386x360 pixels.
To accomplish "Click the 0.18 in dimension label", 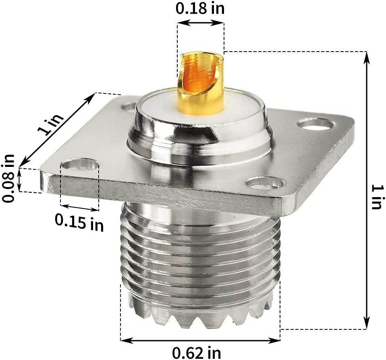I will click(200, 8).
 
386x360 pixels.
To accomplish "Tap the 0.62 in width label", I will click(197, 352).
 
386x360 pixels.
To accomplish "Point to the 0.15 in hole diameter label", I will click(79, 222).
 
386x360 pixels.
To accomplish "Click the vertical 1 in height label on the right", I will click(376, 196).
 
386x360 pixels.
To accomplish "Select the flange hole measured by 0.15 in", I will click(80, 164).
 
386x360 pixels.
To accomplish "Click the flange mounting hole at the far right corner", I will click(315, 123).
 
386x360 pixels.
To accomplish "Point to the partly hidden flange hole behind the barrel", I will click(129, 107).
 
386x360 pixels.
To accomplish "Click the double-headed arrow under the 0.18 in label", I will click(200, 23).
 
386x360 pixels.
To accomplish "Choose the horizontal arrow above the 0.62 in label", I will click(200, 340).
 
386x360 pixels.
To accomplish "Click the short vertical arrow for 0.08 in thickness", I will click(20, 180).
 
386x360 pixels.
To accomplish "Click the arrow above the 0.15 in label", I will click(79, 208).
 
